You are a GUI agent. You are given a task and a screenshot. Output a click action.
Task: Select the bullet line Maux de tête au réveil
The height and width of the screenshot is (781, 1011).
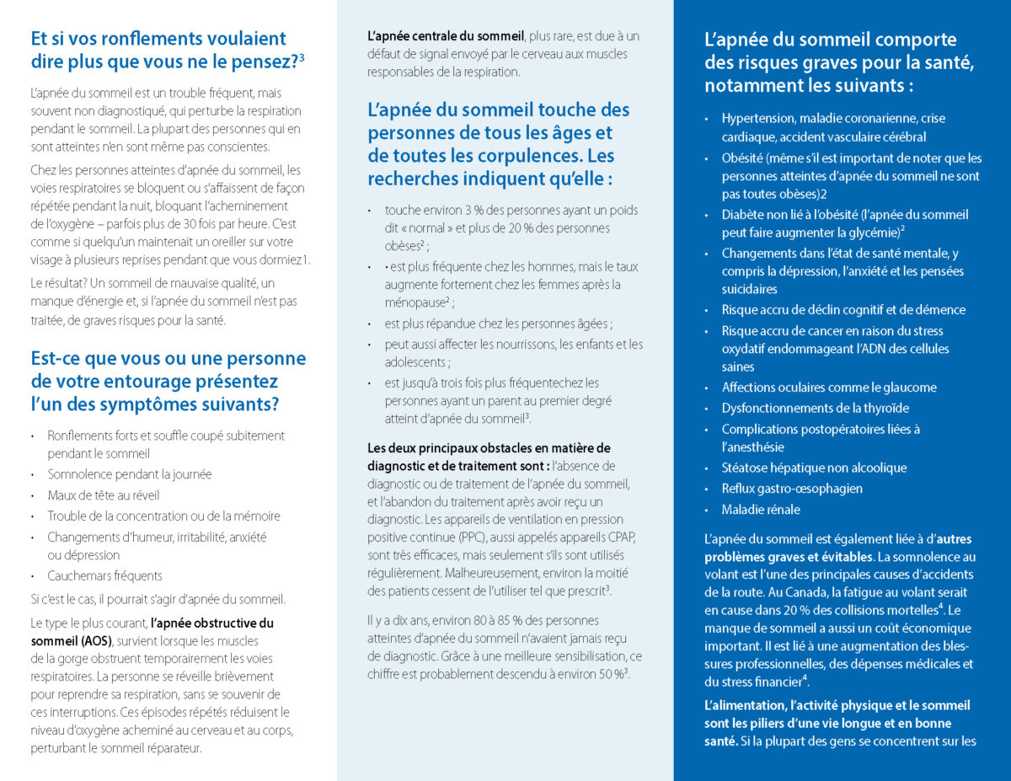tap(104, 495)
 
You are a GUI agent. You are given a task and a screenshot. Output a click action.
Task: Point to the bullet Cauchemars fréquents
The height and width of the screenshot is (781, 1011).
tap(105, 576)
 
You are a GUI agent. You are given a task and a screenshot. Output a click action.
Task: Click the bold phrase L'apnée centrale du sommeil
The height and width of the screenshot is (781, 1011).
tap(445, 35)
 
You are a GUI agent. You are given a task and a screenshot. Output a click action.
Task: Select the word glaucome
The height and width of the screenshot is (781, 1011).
tap(907, 388)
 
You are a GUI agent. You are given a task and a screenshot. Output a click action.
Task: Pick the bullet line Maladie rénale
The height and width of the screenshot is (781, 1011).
tap(761, 510)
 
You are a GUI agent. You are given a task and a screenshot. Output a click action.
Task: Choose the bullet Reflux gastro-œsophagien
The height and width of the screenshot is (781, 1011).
tap(792, 489)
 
